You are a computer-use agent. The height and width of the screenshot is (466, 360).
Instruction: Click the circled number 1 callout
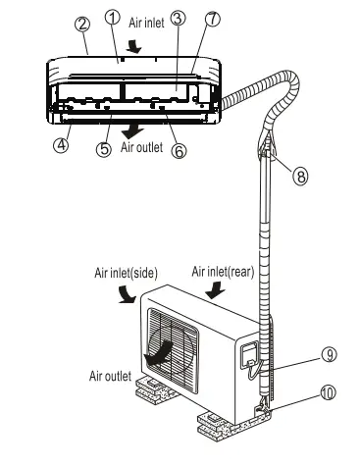(116, 18)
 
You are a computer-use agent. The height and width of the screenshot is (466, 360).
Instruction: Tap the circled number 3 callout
(178, 19)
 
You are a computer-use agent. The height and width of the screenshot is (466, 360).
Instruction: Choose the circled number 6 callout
(179, 152)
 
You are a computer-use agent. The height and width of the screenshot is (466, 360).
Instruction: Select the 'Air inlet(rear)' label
(225, 270)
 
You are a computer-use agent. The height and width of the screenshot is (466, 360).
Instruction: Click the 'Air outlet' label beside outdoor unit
(111, 375)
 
